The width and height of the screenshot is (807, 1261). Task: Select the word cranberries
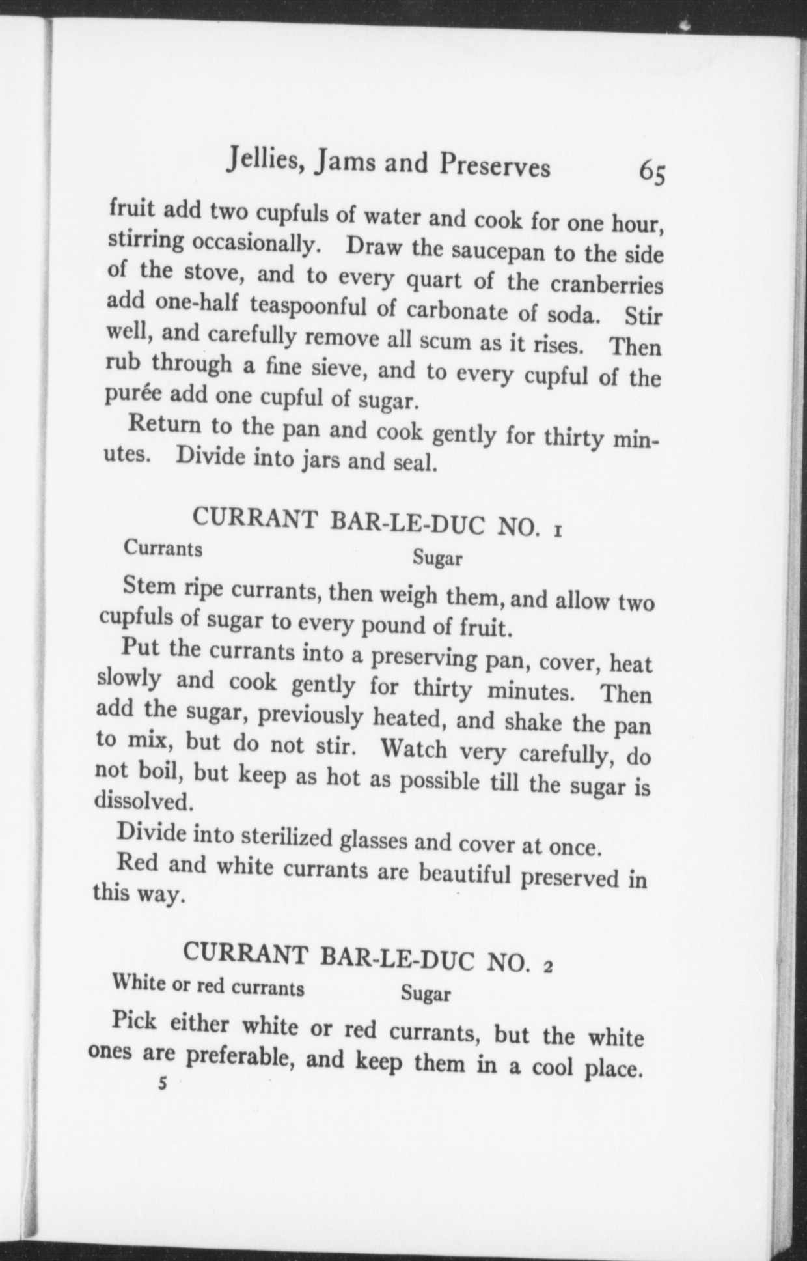pyautogui.click(x=607, y=285)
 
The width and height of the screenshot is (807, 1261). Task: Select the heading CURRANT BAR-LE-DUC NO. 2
pyautogui.click(x=368, y=957)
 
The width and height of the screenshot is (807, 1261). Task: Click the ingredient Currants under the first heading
pyautogui.click(x=163, y=548)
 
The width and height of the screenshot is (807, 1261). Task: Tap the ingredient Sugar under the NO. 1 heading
pyautogui.click(x=437, y=558)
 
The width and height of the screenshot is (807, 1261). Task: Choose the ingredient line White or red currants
pyautogui.click(x=208, y=985)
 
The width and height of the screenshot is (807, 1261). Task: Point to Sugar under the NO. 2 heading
pyautogui.click(x=426, y=993)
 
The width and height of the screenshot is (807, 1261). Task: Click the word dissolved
pyautogui.click(x=144, y=801)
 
